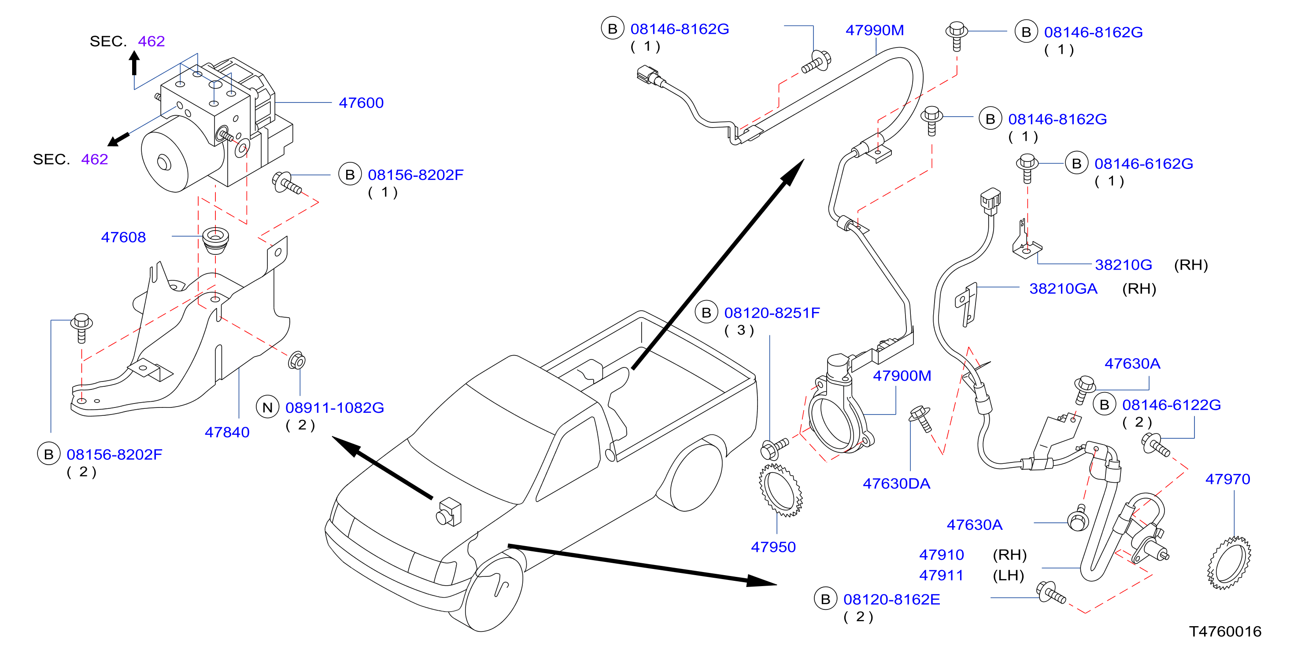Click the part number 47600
(x=361, y=103)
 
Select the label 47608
(x=123, y=237)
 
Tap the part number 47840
(x=227, y=432)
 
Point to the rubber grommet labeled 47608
(x=215, y=241)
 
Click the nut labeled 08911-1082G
(x=296, y=361)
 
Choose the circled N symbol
(x=267, y=407)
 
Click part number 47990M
(x=875, y=30)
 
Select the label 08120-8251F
(x=772, y=312)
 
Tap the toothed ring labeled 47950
(x=780, y=490)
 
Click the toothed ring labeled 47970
(x=1229, y=562)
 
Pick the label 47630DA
(x=896, y=484)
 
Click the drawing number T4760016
(x=1225, y=631)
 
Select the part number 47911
(x=941, y=575)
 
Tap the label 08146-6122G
(x=1172, y=405)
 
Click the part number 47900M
(x=902, y=376)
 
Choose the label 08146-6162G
(x=1143, y=163)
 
